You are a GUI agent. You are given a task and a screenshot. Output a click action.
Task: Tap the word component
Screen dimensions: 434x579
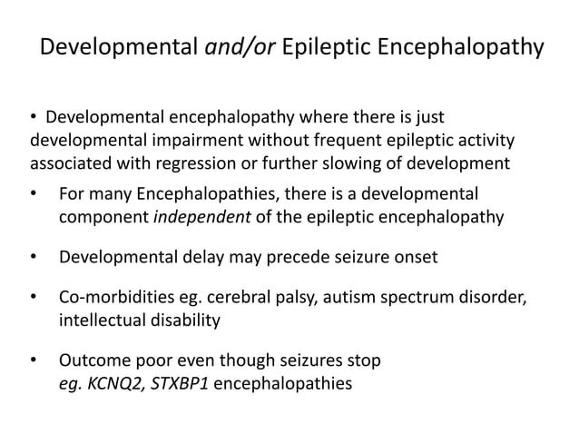pos(100,217)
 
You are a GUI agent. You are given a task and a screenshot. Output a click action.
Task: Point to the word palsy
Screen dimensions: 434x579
pos(309,297)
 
